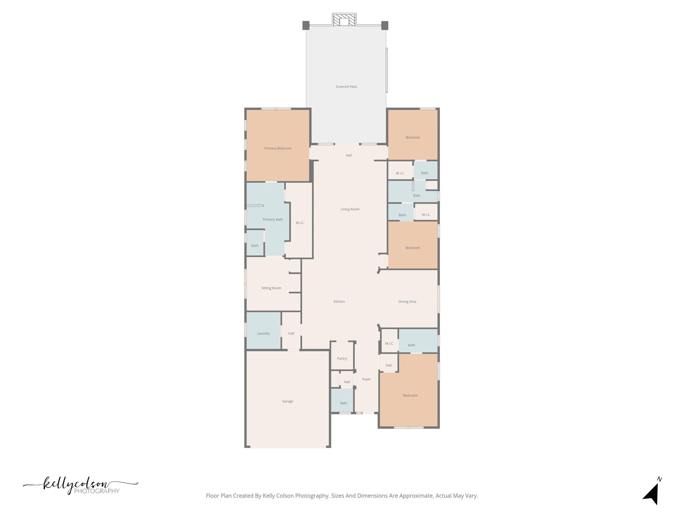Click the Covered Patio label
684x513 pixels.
pos(346,87)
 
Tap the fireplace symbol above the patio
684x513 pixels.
pos(344,20)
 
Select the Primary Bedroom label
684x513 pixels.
pos(278,149)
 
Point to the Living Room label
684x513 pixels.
pos(350,209)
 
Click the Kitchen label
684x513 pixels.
pos(339,302)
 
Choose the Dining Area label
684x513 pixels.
pos(407,302)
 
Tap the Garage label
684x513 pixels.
pos(288,401)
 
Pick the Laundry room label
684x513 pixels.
pos(264,333)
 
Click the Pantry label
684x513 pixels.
pos(342,359)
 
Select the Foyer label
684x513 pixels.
pos(366,379)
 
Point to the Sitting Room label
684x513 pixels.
pos(271,288)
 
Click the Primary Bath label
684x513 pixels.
pos(273,220)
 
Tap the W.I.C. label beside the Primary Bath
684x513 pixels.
pos(300,223)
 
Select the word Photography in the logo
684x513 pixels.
pos(97,491)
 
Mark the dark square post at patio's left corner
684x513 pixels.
pos(306,25)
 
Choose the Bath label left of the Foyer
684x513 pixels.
pos(344,403)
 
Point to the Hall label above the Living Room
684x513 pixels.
pos(349,155)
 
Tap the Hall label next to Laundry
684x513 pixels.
pos(291,333)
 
